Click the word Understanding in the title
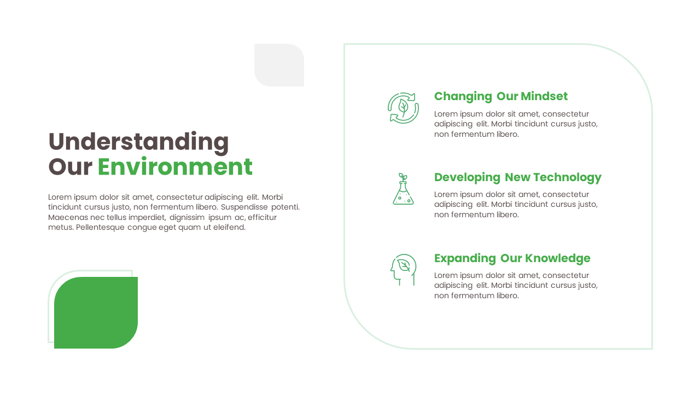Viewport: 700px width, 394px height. (138, 142)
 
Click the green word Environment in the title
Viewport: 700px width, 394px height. (175, 167)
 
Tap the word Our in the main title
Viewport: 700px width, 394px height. (70, 167)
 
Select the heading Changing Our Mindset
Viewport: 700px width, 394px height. (500, 96)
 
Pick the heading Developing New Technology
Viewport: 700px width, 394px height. (517, 177)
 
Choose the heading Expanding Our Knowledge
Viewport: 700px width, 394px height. (512, 258)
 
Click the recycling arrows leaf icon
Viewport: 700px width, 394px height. (403, 108)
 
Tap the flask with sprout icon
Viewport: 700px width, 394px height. (403, 189)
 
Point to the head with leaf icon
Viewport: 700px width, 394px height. (403, 269)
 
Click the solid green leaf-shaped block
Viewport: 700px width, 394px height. (96, 312)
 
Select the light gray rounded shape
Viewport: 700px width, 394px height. (279, 65)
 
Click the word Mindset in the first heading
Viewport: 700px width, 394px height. (544, 96)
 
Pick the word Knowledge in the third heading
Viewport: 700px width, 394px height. (558, 258)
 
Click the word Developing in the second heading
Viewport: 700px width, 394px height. (467, 177)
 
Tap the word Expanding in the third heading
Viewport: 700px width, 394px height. (465, 258)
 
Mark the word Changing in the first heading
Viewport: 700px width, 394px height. (463, 96)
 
